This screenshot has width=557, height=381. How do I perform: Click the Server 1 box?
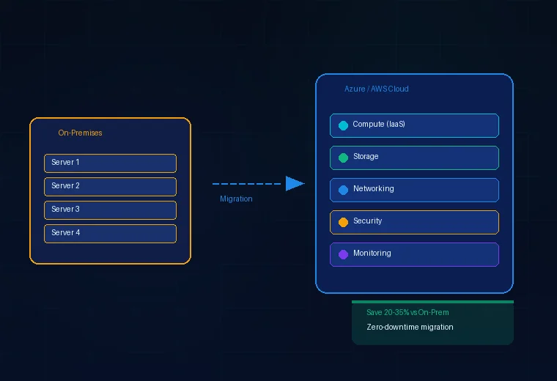pos(110,163)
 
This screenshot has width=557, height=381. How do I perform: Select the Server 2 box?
pos(110,186)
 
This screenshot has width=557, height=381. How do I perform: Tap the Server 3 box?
pos(110,210)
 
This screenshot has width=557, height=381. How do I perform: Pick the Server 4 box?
pos(110,233)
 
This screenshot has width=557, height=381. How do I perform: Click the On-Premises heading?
pos(80,133)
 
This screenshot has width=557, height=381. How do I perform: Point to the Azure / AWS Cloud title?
pos(376,89)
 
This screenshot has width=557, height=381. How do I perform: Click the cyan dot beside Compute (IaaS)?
pos(343,125)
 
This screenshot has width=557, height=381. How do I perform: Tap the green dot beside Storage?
pos(343,158)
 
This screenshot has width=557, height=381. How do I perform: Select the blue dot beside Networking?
pos(343,190)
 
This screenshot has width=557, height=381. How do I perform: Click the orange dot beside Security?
pos(343,222)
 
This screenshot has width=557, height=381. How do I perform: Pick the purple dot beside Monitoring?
pos(343,254)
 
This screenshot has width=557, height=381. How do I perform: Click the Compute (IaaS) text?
pos(379,125)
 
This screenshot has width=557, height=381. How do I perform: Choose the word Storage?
pos(366,157)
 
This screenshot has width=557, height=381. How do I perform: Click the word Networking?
pos(373,189)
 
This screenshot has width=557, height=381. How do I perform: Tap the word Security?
pos(367,221)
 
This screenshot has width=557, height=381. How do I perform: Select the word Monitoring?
pos(372,254)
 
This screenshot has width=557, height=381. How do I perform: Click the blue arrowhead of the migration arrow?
pos(295,183)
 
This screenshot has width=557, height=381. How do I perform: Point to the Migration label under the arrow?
pos(236,199)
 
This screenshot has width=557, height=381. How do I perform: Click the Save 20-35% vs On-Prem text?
pos(407,313)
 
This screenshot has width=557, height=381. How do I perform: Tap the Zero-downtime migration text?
pos(410,328)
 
